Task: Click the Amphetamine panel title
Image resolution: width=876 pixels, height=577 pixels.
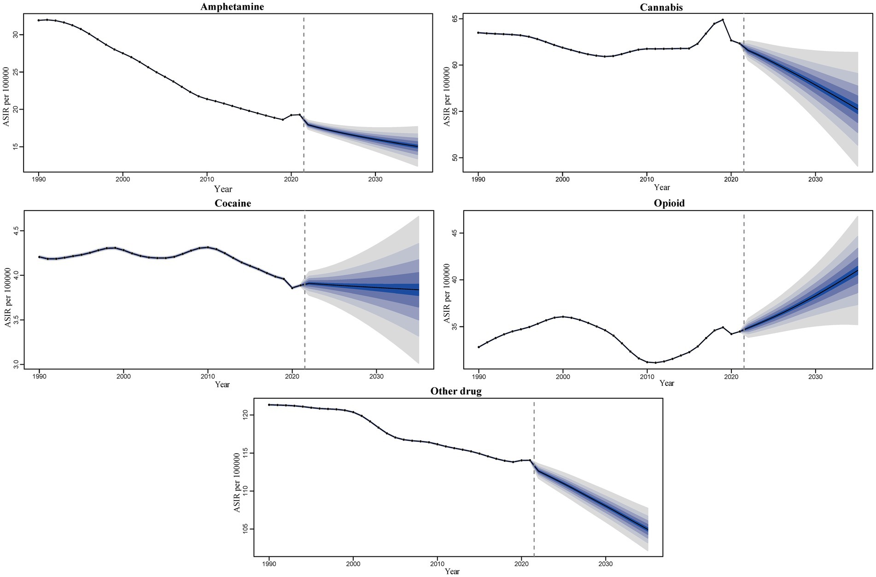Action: [232, 6]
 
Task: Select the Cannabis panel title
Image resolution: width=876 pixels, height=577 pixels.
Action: [661, 7]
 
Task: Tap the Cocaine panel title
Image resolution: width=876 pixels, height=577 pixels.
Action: [233, 204]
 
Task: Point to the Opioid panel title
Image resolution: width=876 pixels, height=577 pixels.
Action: [669, 203]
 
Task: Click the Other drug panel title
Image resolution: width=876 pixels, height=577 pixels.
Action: [456, 391]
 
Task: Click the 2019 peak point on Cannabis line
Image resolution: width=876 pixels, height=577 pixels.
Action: [723, 20]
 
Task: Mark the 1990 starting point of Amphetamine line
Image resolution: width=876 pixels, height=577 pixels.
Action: [39, 20]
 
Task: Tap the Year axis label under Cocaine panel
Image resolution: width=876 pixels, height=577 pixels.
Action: [222, 385]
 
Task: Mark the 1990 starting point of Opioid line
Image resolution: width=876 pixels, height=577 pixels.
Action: [479, 347]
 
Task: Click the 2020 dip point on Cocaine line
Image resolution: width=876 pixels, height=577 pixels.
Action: [292, 288]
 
